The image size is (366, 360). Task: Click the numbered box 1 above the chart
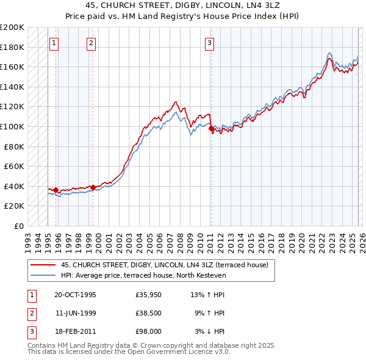tap(54, 43)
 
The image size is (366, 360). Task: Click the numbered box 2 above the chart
tap(91, 43)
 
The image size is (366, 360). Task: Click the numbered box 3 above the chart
tap(209, 43)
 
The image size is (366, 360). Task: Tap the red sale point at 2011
tap(211, 129)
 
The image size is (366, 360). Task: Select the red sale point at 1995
tap(56, 190)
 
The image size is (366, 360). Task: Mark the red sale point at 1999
tap(93, 187)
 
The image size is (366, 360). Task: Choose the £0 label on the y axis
tap(19, 226)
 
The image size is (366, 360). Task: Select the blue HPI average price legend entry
tap(143, 275)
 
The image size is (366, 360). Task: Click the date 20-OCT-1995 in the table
tap(75, 295)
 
